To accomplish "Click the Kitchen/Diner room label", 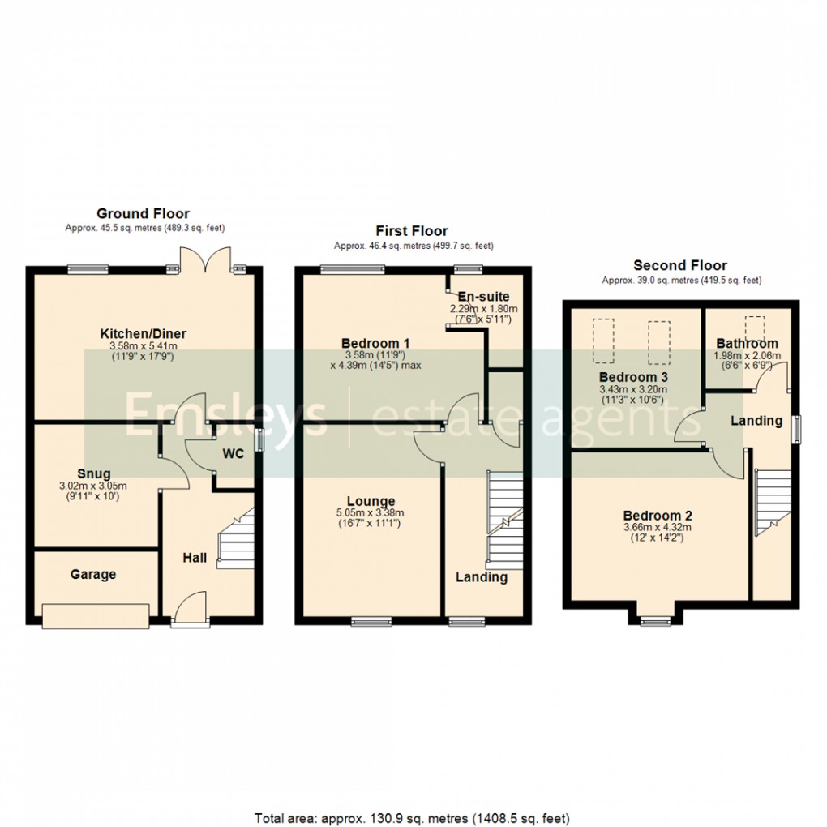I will tap(144, 333).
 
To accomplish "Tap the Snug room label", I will tap(94, 473).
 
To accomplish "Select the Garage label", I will tap(93, 574).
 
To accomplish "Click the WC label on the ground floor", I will tap(234, 454).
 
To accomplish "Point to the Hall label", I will tap(194, 558).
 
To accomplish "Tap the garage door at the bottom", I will tap(96, 616).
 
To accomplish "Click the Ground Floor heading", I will tap(143, 213).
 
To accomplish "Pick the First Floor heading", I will tap(412, 231).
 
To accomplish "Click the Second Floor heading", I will tap(680, 265).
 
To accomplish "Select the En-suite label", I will tap(484, 296).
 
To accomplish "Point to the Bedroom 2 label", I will tap(658, 516).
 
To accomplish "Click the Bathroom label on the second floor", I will tap(747, 343).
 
